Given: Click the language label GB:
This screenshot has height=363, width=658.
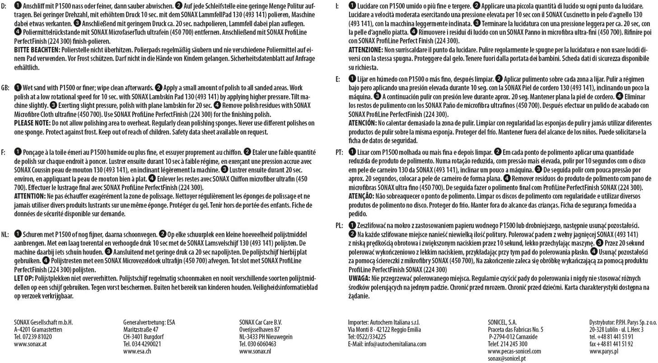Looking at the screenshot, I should tap(6, 87).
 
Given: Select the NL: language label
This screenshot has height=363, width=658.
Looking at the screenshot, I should tap(6, 234).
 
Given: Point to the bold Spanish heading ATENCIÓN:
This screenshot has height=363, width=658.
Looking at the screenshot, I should tap(363, 123).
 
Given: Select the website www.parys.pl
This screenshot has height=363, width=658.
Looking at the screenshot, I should tap(604, 351).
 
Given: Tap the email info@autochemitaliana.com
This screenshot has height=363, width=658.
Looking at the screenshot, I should tap(387, 344).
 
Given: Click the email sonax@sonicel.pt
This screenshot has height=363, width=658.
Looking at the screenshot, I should tap(506, 358).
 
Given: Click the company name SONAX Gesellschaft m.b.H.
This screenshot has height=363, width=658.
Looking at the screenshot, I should tap(43, 322).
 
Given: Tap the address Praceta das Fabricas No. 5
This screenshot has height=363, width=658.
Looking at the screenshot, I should tap(515, 329).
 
